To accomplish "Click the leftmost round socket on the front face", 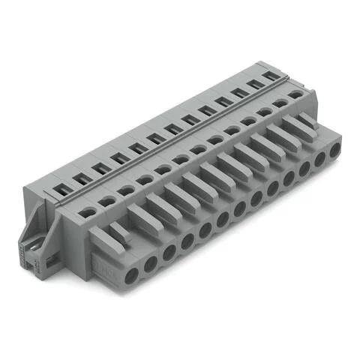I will [132, 274].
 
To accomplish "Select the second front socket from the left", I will [151, 262].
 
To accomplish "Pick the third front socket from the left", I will [169, 250].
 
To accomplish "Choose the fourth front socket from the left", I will [187, 238].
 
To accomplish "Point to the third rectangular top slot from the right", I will [238, 93].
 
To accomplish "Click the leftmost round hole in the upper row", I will [88, 211].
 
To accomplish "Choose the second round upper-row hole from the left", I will [106, 200].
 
